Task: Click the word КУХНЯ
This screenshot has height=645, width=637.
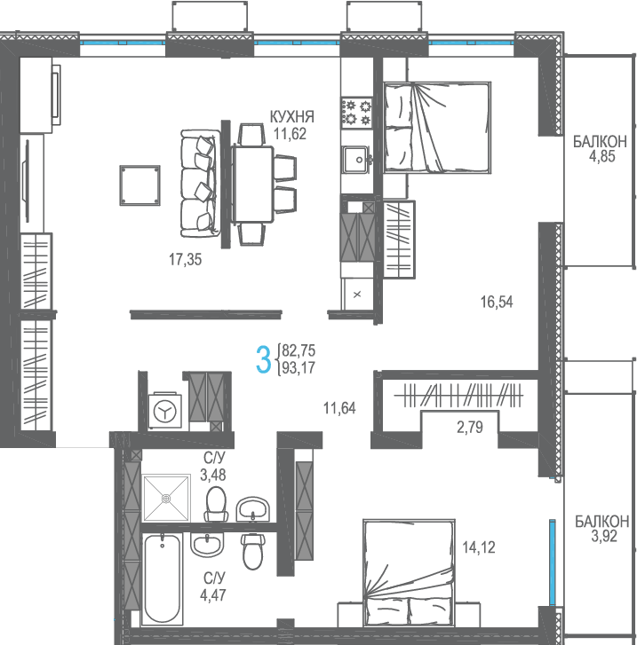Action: pyautogui.click(x=291, y=117)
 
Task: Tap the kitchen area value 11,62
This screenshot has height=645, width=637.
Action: pyautogui.click(x=290, y=134)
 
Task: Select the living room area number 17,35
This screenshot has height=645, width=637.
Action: pyautogui.click(x=186, y=260)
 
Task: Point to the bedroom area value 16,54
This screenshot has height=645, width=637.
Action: pyautogui.click(x=497, y=302)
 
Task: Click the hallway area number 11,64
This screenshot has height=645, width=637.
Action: pyautogui.click(x=339, y=408)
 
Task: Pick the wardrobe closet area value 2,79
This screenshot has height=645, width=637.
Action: pyautogui.click(x=470, y=428)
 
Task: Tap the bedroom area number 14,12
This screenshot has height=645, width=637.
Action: pyautogui.click(x=478, y=547)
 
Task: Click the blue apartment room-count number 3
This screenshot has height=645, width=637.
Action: pyautogui.click(x=263, y=359)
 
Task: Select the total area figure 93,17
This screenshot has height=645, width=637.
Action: pyautogui.click(x=299, y=368)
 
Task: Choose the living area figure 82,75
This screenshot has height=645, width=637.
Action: pyautogui.click(x=299, y=350)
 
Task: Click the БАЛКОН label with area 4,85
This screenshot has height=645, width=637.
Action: pyautogui.click(x=600, y=141)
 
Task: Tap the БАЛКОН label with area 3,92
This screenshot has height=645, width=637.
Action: pyautogui.click(x=602, y=521)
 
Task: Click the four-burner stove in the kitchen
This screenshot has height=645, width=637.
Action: pyautogui.click(x=357, y=113)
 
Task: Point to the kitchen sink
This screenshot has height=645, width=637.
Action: pyautogui.click(x=357, y=159)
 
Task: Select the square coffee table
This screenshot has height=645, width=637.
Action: pyautogui.click(x=139, y=185)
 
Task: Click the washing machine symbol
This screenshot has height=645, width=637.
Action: pyautogui.click(x=165, y=410)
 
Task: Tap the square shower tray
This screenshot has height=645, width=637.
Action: pyautogui.click(x=166, y=498)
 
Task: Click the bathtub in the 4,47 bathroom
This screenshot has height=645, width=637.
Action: pyautogui.click(x=163, y=578)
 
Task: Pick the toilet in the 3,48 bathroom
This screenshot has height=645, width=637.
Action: pyautogui.click(x=216, y=504)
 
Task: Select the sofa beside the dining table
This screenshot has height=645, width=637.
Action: pyautogui.click(x=199, y=184)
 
